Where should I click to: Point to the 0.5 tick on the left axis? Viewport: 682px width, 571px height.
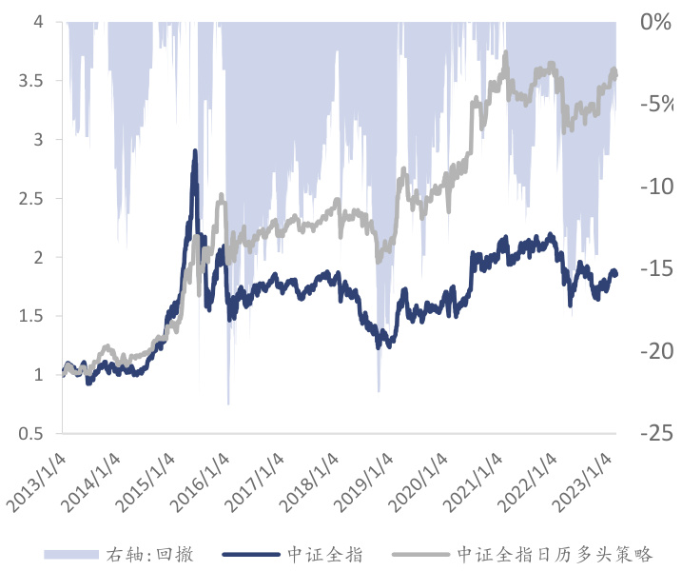30,434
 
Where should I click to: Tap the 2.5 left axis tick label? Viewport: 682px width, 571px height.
30,198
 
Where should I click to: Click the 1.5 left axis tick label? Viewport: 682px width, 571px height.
30,316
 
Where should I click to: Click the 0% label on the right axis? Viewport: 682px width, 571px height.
655,21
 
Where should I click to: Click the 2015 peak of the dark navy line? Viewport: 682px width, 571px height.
195,151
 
